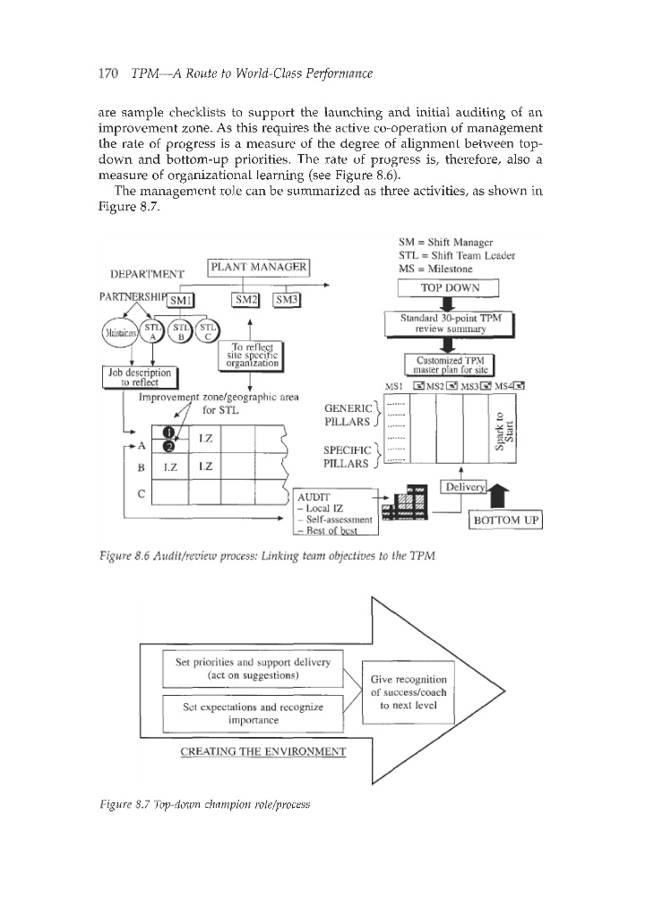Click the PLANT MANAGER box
(x=258, y=269)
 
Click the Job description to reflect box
(x=143, y=379)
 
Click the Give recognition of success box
(x=407, y=692)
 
